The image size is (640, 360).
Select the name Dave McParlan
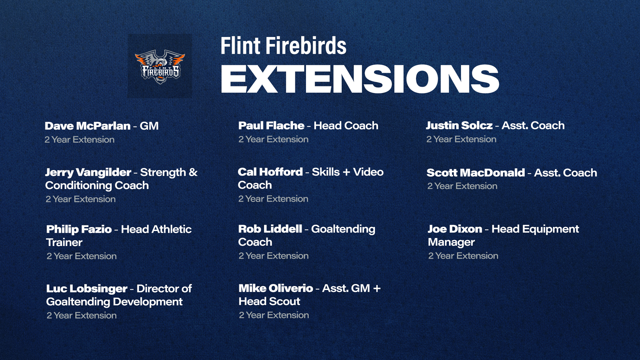[x=88, y=126]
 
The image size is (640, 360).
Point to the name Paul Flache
[x=271, y=126]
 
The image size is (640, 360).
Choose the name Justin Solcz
[x=459, y=125]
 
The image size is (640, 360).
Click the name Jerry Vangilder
[x=88, y=173]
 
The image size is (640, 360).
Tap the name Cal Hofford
[x=270, y=172]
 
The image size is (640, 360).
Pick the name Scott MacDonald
[x=476, y=173]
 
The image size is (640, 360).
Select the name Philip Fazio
[x=79, y=229]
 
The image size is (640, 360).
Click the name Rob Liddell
[x=270, y=229]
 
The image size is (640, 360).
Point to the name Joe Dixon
[x=455, y=229]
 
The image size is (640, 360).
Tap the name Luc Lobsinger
[x=87, y=289]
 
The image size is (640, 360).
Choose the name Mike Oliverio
[x=276, y=288]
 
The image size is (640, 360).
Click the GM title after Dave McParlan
[x=149, y=126]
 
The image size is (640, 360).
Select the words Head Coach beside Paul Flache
[x=346, y=126]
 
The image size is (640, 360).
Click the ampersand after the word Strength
[x=193, y=172]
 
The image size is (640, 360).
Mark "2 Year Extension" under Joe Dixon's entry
[x=463, y=256]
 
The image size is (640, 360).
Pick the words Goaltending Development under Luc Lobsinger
[x=114, y=302]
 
